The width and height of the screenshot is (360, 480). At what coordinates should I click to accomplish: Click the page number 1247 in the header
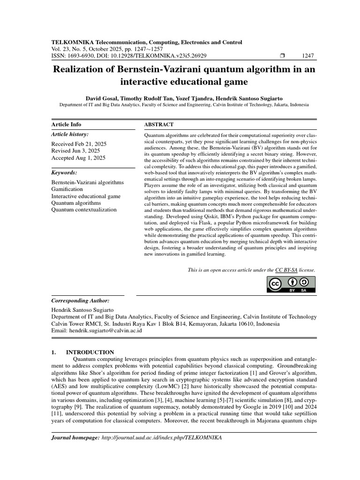coord(308,56)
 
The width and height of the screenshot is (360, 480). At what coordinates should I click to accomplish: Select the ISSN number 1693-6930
coord(81,56)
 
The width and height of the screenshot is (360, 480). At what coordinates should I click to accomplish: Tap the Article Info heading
coord(66,124)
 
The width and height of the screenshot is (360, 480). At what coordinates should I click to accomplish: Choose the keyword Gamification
coord(67,189)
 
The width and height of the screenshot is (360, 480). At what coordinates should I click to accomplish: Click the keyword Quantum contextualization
coord(83,210)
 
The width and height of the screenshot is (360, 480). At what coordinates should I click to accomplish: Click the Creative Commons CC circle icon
coord(275,284)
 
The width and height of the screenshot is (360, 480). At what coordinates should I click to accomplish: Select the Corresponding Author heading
coord(80,300)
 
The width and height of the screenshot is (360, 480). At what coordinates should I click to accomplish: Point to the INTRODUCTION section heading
coord(90,352)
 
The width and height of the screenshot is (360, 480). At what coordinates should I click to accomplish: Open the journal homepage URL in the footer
coord(161,437)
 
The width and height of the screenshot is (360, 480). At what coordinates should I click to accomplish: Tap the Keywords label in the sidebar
coord(64,172)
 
